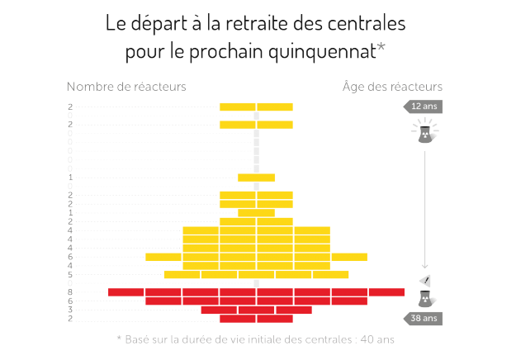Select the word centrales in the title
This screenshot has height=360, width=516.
pos(365,22)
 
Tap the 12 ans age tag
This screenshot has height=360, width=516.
pos(424,107)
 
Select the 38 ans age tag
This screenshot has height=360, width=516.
pos(424,319)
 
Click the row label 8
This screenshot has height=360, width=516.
pos(71,292)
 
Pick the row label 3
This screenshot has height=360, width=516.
pos(71,310)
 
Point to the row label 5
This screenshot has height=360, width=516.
pos(71,275)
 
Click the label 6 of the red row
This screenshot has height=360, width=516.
pos(71,301)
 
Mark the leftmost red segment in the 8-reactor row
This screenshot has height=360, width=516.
pos(126,292)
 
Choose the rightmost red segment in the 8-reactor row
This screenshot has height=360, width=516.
pos(386,292)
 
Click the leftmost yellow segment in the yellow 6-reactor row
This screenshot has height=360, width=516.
pos(163,257)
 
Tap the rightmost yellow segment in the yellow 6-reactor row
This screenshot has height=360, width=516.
pos(349,257)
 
